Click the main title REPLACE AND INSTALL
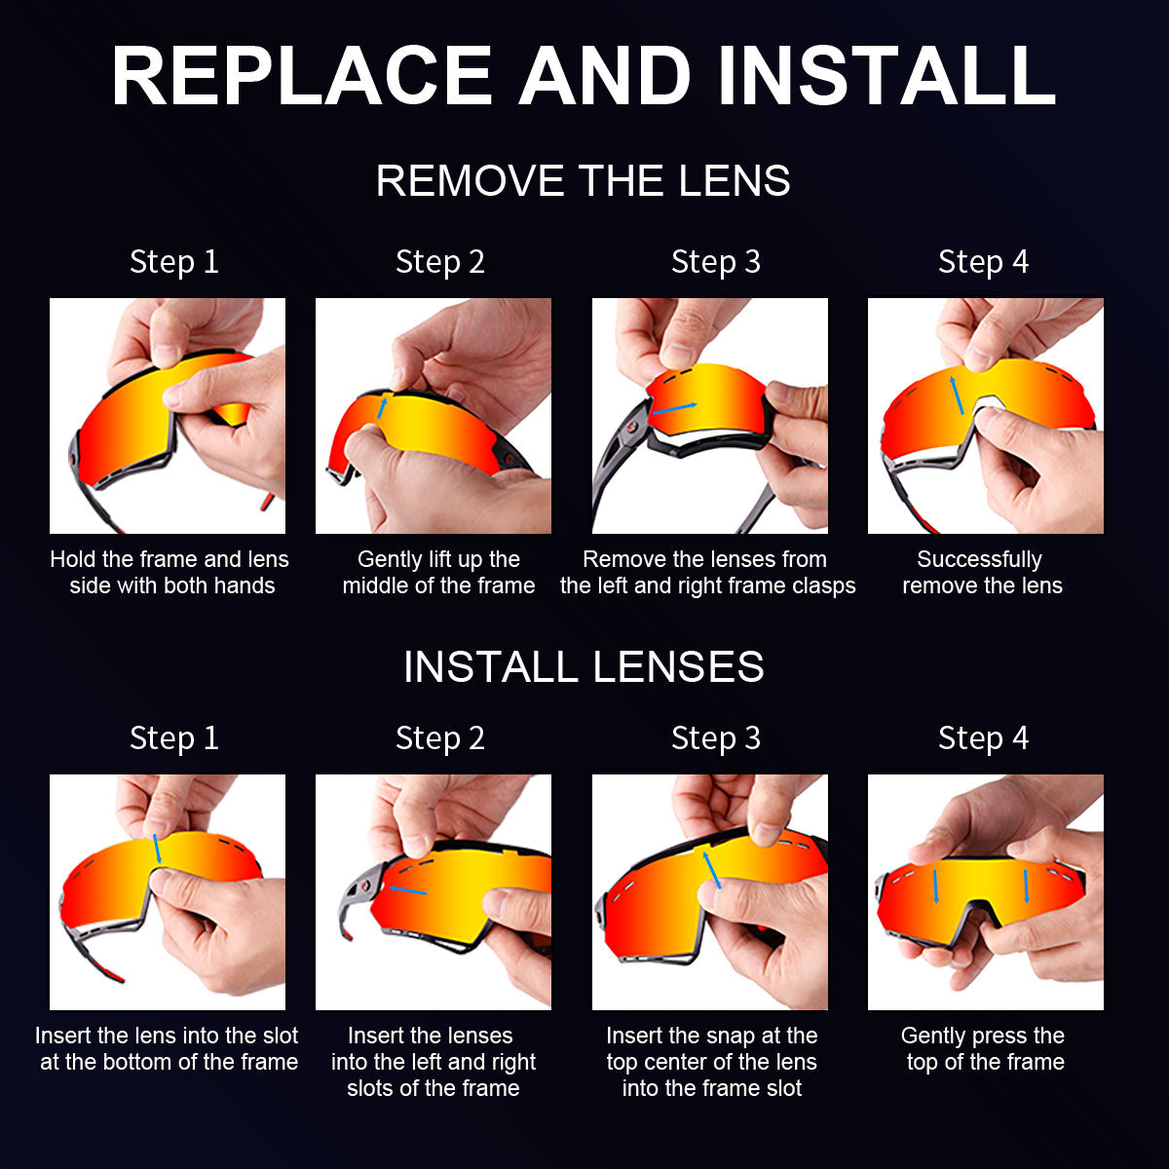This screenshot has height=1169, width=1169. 584,76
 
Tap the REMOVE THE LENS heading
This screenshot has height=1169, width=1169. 583,181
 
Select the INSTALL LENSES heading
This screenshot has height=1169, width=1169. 583,667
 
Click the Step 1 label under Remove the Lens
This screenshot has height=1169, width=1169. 174,262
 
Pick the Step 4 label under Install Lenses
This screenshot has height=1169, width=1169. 983,738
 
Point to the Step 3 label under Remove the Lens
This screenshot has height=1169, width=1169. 715,262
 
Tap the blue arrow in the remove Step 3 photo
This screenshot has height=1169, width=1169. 675,408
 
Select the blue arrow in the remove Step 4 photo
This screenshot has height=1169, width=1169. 959,395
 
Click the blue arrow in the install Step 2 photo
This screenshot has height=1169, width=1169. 406,889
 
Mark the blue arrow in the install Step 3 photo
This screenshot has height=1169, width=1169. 713,869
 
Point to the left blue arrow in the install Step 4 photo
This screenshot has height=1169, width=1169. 935,886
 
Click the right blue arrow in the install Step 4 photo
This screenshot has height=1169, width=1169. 1026,886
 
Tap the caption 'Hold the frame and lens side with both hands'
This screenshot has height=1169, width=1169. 170,573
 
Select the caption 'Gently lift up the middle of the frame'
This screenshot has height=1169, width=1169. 438,573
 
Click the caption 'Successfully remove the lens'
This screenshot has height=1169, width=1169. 982,573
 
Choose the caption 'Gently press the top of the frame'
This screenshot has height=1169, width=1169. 984,1049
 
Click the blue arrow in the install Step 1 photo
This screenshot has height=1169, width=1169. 156,848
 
